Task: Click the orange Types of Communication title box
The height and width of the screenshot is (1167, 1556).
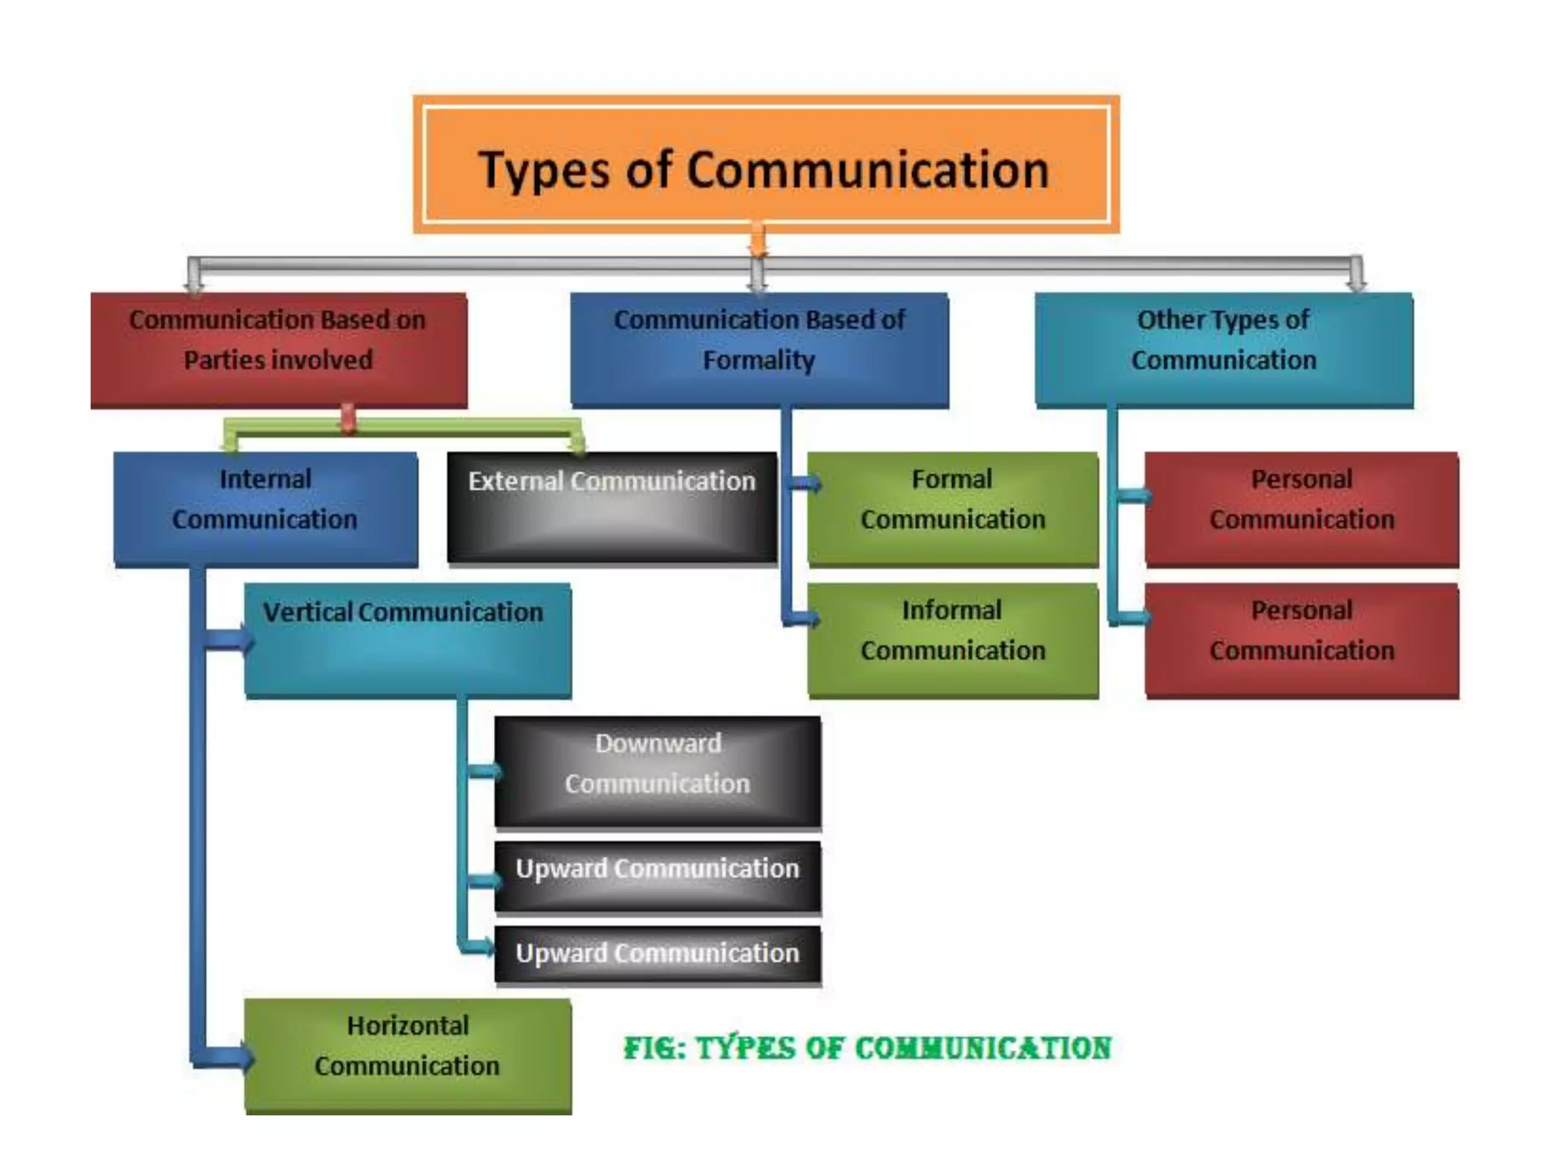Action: pos(766,164)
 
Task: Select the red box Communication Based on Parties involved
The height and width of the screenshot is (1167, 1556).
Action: pos(278,349)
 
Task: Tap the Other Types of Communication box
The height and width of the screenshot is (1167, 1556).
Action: pos(1223,349)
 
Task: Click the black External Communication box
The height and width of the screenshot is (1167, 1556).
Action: pos(612,507)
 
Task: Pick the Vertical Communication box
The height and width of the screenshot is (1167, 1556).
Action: pos(407,640)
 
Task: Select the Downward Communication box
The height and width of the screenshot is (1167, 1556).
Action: pos(657,770)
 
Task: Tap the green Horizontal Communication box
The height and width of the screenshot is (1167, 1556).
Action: pos(407,1056)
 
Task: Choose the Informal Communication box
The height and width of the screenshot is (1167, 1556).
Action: pos(953,639)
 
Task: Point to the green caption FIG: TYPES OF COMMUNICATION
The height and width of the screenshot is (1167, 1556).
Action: pos(867,1048)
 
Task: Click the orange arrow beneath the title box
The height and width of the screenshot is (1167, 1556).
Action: pos(757,242)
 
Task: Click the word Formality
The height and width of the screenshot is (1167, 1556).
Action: pos(758,360)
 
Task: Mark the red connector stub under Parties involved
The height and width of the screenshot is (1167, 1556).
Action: pos(348,417)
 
